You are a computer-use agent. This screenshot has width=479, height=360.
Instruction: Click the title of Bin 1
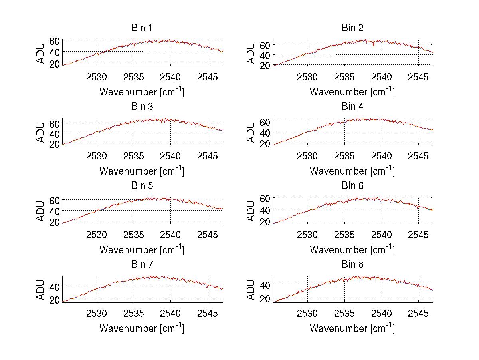[142, 28]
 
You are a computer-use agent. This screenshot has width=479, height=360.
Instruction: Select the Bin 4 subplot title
[352, 107]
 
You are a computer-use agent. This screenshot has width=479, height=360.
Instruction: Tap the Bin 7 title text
[142, 265]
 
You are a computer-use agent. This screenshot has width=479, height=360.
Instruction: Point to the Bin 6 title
[352, 186]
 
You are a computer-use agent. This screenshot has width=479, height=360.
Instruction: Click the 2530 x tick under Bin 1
[97, 77]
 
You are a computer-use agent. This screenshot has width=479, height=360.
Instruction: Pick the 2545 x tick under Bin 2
[418, 77]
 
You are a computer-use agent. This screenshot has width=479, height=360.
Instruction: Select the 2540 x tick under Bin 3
[170, 156]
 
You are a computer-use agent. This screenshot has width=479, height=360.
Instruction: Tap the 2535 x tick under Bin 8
[344, 313]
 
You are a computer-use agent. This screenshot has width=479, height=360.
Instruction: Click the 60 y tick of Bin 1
[55, 41]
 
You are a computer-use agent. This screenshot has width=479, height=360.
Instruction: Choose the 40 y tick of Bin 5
[55, 211]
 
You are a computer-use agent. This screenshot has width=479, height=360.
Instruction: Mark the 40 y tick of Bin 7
[55, 287]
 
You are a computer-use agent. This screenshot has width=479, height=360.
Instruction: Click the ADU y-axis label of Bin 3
[41, 132]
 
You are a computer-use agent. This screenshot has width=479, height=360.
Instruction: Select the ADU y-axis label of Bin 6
[251, 211]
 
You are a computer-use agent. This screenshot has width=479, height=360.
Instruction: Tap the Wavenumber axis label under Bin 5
[142, 250]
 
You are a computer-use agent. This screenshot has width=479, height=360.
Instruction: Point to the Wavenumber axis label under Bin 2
[352, 92]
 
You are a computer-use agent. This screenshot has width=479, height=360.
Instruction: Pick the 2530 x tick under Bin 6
[307, 235]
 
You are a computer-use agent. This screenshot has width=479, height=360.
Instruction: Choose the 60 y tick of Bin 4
[265, 122]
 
